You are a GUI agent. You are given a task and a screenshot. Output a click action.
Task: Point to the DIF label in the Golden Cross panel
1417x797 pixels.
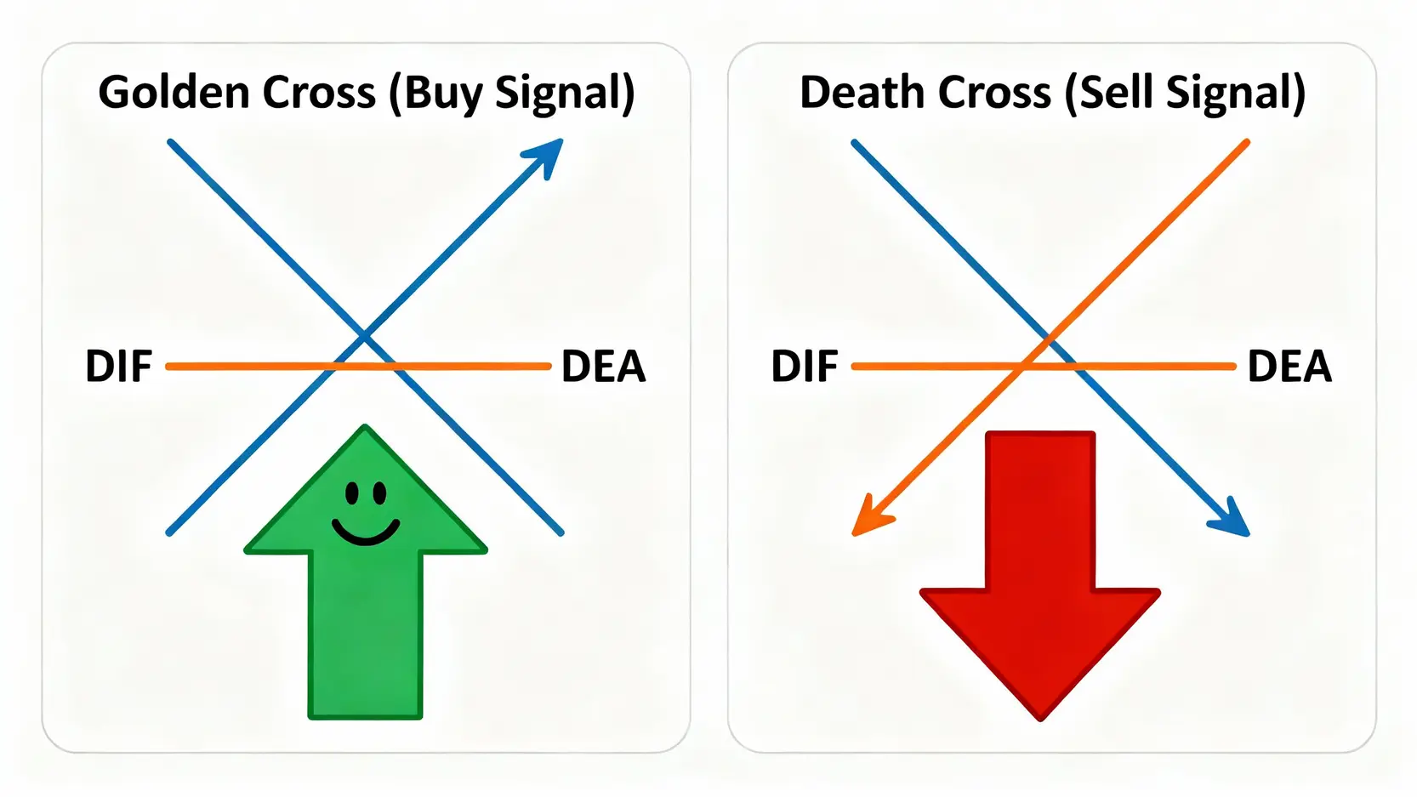click(118, 367)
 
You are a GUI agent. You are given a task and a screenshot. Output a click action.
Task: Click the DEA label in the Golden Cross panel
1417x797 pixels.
click(604, 367)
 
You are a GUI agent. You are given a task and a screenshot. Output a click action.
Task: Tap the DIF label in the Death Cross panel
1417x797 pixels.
click(804, 367)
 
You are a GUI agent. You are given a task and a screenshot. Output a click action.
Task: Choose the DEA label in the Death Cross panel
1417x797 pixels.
click(1289, 367)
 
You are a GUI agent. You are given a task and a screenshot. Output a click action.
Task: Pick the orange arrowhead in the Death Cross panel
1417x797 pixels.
click(869, 518)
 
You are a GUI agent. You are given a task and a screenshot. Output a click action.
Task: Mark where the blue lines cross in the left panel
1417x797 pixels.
click(364, 337)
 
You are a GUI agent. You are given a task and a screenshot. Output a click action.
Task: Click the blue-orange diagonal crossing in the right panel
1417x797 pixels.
click(1050, 340)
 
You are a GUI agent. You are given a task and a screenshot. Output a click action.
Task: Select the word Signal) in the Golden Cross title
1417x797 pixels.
click(565, 94)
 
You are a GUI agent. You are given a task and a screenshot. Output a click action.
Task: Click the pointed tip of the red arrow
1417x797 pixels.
click(1040, 716)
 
